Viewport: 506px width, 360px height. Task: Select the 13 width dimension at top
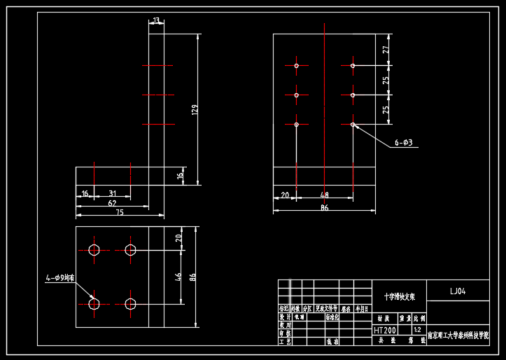click(156, 20)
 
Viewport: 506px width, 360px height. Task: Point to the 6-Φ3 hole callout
click(404, 143)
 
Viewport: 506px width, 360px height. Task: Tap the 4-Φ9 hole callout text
click(59, 278)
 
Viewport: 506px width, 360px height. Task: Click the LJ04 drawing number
click(457, 291)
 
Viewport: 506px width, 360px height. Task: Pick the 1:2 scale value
click(418, 329)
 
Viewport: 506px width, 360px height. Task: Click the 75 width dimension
click(120, 212)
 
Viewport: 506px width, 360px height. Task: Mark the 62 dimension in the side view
click(111, 203)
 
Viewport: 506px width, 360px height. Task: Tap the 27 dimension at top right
click(385, 50)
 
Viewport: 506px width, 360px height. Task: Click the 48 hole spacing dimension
click(324, 195)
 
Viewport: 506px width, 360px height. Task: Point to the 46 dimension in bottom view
click(178, 277)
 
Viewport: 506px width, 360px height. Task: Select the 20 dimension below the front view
click(285, 195)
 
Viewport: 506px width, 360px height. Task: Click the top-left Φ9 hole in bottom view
click(94, 249)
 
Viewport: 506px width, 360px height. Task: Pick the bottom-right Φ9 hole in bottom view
click(130, 303)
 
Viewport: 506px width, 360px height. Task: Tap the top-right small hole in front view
click(353, 66)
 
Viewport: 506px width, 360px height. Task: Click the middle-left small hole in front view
click(297, 95)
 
